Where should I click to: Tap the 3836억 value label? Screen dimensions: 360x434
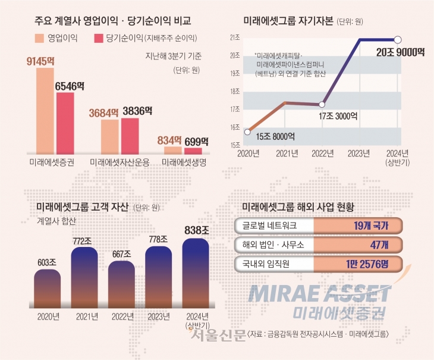(137, 111)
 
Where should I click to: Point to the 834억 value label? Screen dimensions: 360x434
(169, 140)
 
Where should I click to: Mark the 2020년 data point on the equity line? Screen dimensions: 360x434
(247, 132)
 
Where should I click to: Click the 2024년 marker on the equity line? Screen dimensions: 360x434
(398, 39)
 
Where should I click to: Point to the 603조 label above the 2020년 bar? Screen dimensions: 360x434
(47, 262)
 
